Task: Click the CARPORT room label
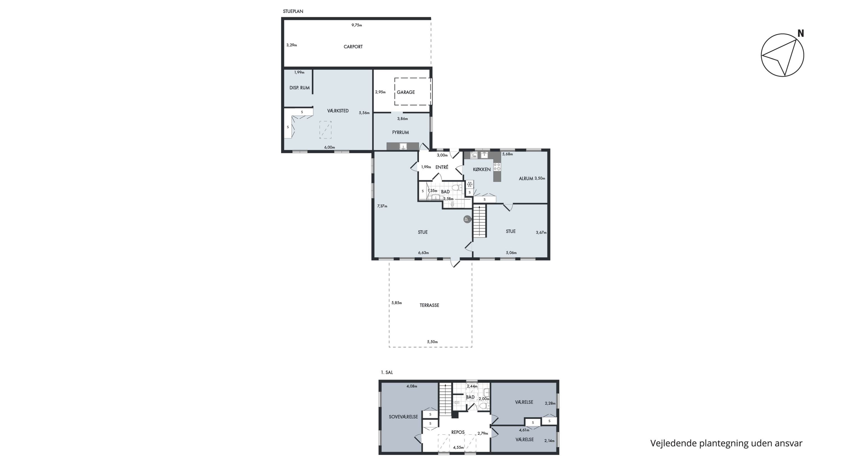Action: (x=353, y=47)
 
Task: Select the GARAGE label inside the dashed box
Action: (x=406, y=92)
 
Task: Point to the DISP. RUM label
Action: (x=299, y=88)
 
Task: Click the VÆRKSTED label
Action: (x=338, y=111)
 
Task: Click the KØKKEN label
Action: (x=482, y=169)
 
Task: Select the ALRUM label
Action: (x=526, y=179)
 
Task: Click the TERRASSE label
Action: (x=429, y=305)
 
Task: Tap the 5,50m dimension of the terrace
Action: (x=432, y=342)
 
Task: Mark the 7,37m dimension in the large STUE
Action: (x=382, y=206)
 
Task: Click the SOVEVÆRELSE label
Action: (x=403, y=417)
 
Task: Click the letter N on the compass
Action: (x=800, y=33)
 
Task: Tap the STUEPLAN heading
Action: (x=293, y=11)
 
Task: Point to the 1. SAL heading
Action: (x=387, y=372)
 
